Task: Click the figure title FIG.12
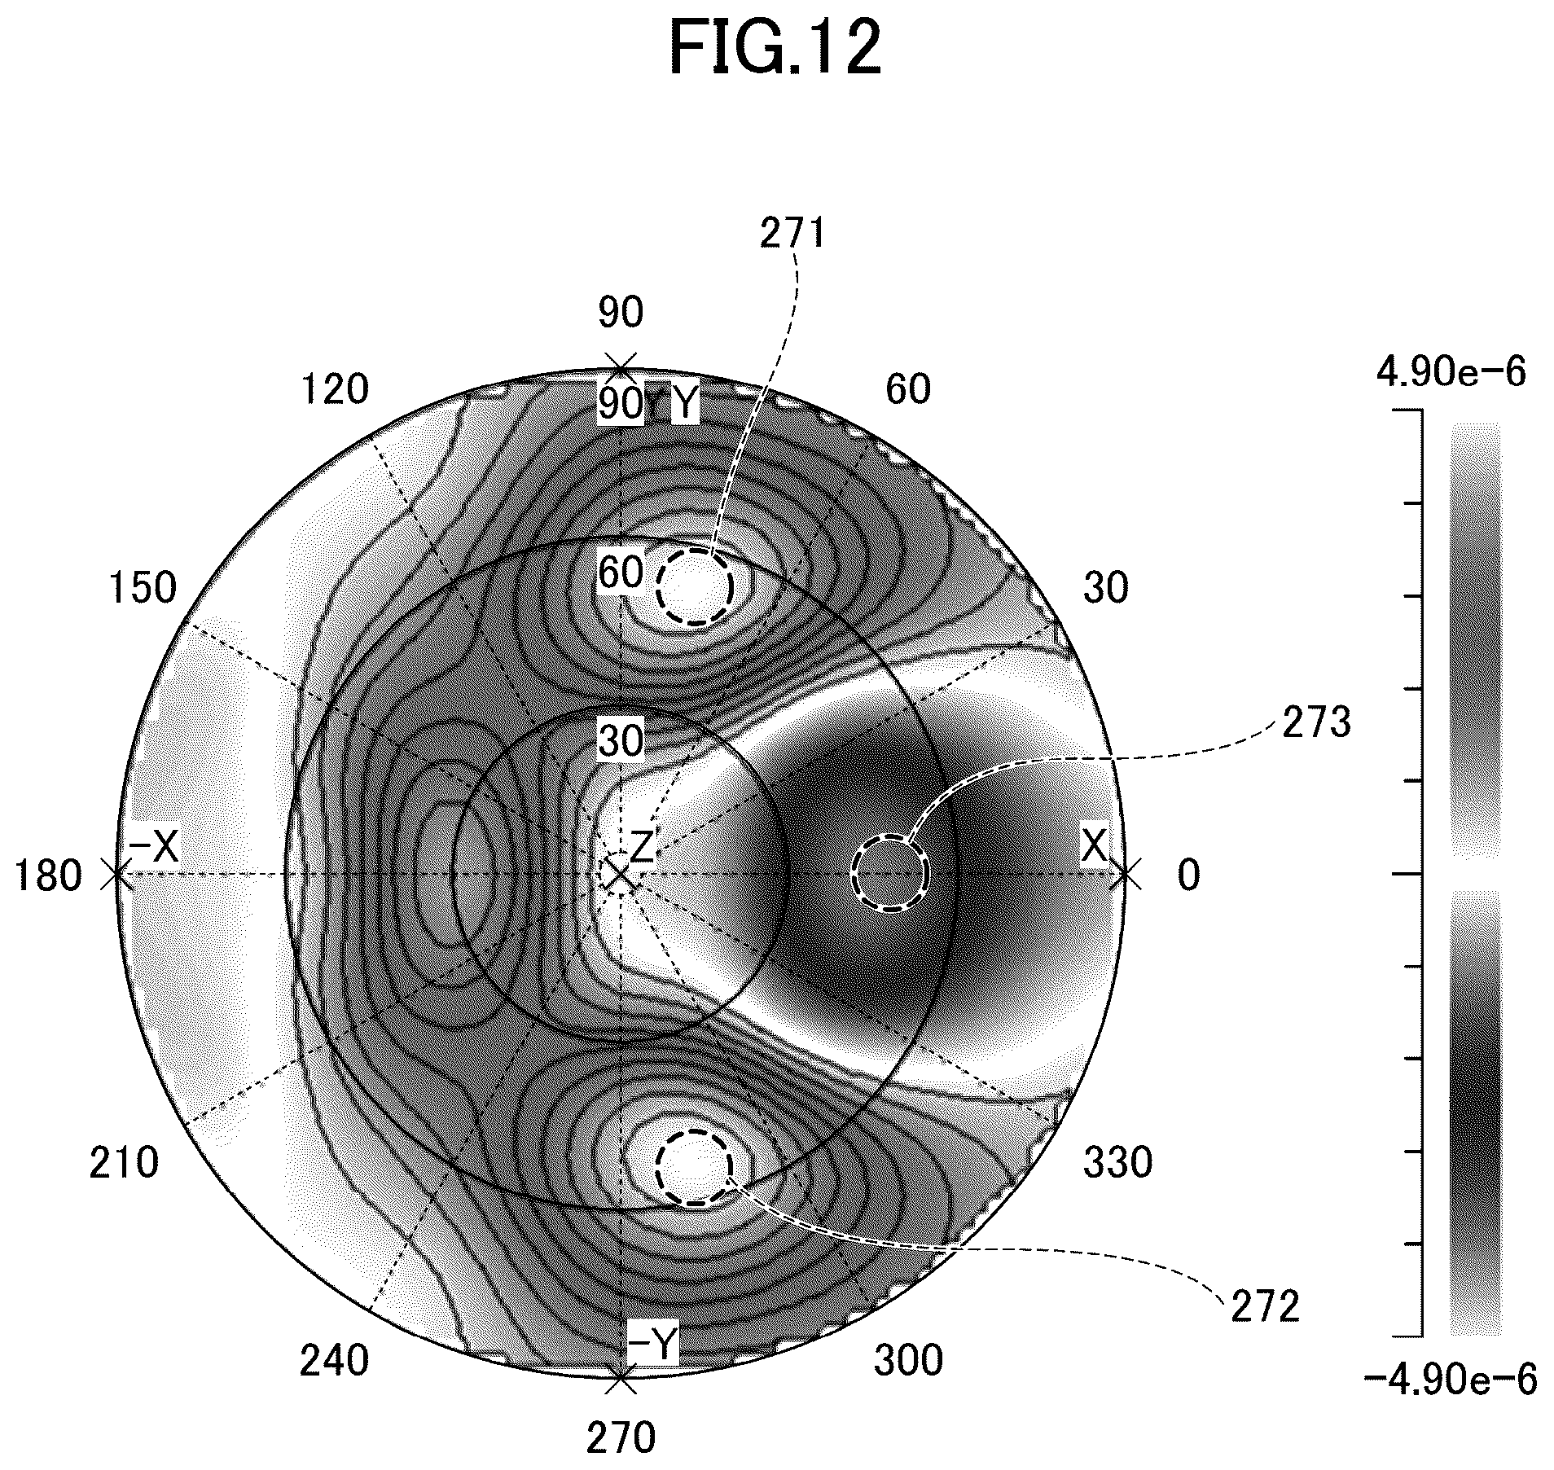pos(775,48)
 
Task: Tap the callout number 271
pos(793,235)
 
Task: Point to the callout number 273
pos(1316,722)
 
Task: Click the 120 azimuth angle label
pos(335,389)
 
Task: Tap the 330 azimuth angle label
pos(1117,1163)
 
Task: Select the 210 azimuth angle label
pos(124,1164)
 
